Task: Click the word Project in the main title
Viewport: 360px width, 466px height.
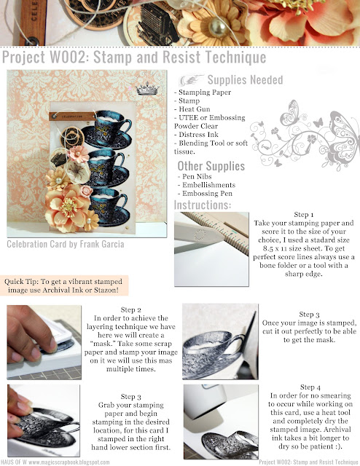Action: [23, 57]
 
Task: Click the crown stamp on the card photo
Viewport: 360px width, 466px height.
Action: [147, 89]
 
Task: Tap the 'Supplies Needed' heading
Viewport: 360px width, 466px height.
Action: [245, 79]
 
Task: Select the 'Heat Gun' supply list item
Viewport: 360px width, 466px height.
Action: [195, 109]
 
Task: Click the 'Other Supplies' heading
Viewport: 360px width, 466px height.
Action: [211, 166]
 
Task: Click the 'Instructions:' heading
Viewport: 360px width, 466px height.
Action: [203, 205]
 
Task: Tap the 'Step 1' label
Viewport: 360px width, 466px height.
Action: [303, 215]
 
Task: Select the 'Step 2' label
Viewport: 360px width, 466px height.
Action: [130, 309]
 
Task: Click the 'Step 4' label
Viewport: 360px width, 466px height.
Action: [310, 387]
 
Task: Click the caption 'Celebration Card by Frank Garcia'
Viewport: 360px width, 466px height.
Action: [66, 244]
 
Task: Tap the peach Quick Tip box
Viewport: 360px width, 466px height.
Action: [63, 285]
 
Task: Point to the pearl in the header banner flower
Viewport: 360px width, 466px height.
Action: [218, 28]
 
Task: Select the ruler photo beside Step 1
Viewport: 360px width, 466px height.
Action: [211, 249]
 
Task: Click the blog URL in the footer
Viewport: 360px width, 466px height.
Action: [69, 462]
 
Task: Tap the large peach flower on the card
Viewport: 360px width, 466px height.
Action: [69, 206]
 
